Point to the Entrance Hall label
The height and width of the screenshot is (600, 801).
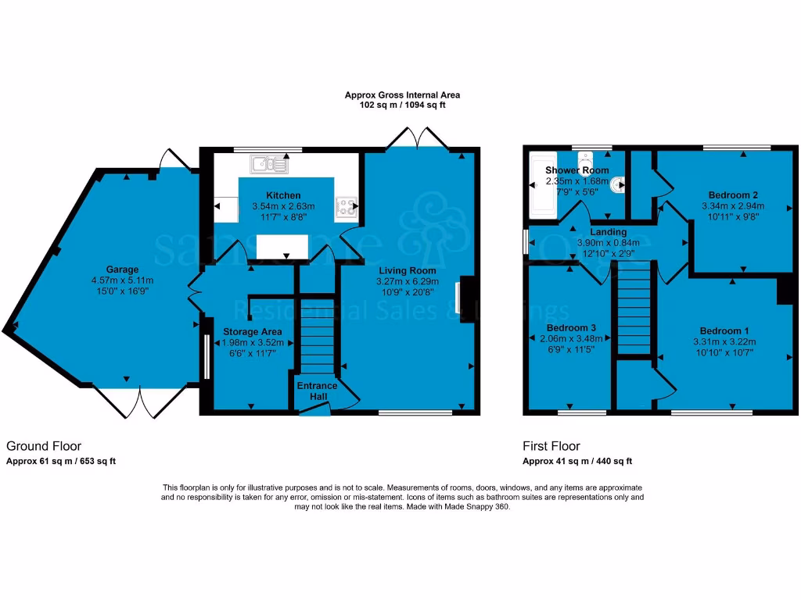point(317,391)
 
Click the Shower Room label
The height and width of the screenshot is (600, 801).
point(577,170)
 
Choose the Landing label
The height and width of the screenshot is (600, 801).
point(608,232)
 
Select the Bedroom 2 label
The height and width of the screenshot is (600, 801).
point(733,195)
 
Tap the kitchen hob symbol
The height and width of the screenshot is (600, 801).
point(345,207)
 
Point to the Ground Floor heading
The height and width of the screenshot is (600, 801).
point(44,446)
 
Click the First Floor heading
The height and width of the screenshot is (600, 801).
point(551,446)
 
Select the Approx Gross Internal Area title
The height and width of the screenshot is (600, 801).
point(402,95)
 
